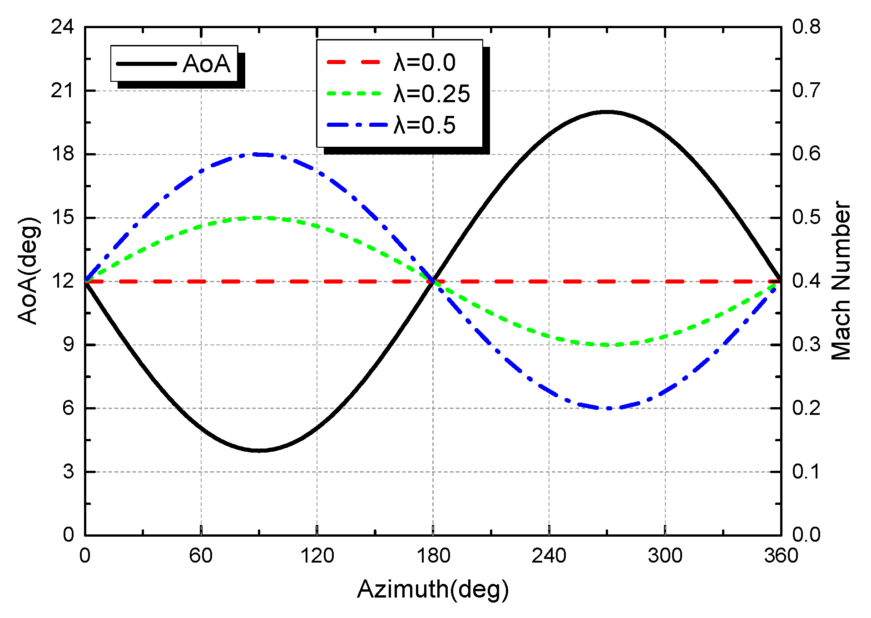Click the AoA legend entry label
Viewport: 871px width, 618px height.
click(207, 64)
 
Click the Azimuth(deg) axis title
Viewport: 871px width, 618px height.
click(433, 589)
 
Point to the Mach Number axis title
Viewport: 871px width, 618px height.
click(841, 281)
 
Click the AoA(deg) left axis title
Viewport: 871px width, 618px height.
click(28, 271)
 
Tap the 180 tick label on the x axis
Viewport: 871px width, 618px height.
click(433, 556)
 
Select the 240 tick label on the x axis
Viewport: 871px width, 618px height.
click(549, 556)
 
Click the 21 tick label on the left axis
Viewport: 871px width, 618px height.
click(62, 91)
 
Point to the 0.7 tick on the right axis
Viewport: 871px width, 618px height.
click(807, 90)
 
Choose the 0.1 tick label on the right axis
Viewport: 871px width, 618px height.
click(807, 472)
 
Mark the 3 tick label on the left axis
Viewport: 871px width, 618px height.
click(68, 472)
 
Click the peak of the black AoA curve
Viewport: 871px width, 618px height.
click(607, 112)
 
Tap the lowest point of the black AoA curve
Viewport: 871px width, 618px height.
click(259, 450)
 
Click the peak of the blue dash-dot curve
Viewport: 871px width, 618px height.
click(259, 154)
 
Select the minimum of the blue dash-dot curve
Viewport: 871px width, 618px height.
click(608, 408)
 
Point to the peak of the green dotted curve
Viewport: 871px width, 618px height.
click(259, 218)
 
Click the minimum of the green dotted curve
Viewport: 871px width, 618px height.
click(607, 345)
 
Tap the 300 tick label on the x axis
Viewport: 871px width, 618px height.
click(665, 556)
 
